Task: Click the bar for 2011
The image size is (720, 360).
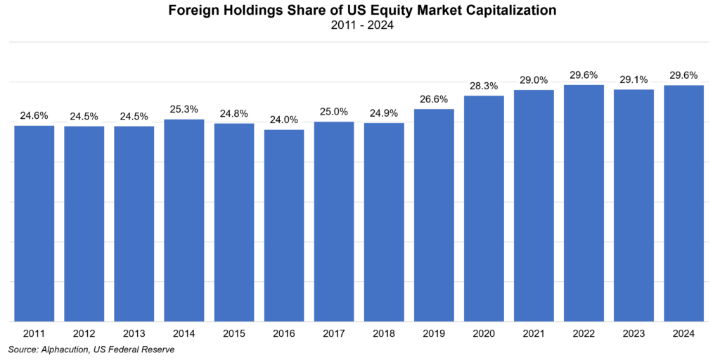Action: pos(34,224)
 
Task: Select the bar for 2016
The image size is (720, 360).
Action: pos(284,226)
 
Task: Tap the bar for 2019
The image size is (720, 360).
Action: pos(434,215)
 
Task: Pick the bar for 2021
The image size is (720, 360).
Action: pos(534,206)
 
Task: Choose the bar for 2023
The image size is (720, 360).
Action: pos(634,205)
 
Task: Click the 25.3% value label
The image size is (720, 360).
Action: pos(184,110)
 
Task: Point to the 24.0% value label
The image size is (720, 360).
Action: pos(284,120)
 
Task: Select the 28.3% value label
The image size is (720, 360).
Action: pos(484,86)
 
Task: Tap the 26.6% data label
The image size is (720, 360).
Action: pos(434,99)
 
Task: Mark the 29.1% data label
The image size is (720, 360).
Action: pos(634,79)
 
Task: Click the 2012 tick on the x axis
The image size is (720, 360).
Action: pos(84,333)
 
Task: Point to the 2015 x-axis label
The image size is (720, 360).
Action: pos(234,333)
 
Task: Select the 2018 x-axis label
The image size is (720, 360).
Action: pos(384,333)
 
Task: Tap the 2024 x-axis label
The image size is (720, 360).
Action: pos(683,333)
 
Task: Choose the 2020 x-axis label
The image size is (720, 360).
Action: pos(484,333)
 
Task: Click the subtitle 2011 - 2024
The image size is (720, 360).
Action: pos(359,26)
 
